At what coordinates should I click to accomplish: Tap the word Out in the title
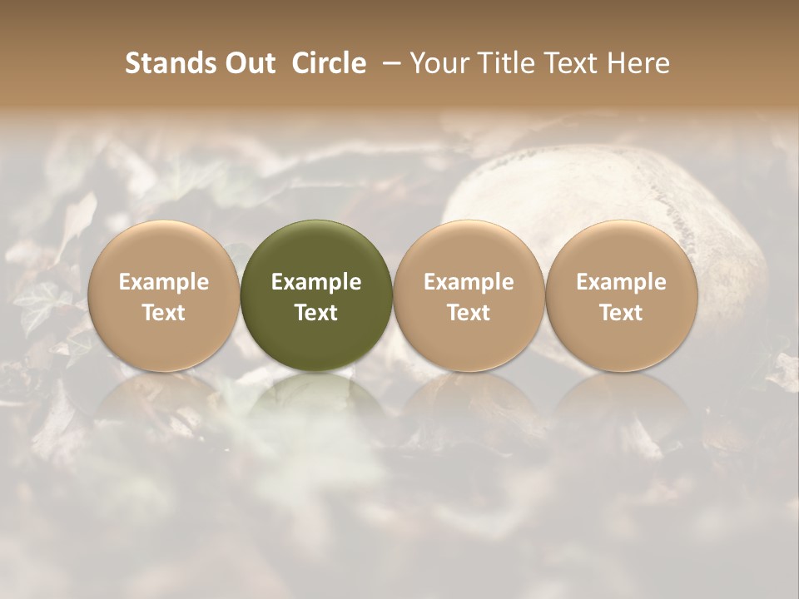248,63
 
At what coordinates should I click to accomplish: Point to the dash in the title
389,64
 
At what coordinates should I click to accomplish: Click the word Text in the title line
575,63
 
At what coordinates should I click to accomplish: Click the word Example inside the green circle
316,282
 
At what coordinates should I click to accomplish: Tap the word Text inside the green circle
316,313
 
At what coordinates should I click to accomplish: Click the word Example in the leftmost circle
163,282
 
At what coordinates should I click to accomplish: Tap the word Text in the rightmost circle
622,313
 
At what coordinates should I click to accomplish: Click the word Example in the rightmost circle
622,282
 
